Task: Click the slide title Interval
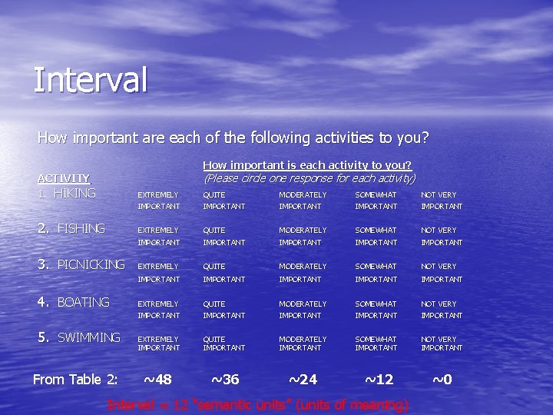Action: (90, 80)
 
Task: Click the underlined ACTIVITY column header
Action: (64, 178)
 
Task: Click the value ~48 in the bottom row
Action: (157, 379)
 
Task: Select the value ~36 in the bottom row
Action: (224, 379)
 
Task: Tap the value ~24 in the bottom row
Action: (303, 379)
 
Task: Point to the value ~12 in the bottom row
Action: (379, 379)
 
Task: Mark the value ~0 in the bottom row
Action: (442, 379)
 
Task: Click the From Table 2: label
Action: (75, 379)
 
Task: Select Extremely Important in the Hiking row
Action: (159, 201)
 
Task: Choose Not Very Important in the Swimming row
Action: (442, 344)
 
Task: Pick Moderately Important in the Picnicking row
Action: (303, 273)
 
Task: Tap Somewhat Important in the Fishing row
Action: (376, 236)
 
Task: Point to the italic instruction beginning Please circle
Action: (309, 178)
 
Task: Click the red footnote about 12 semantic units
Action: (258, 405)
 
